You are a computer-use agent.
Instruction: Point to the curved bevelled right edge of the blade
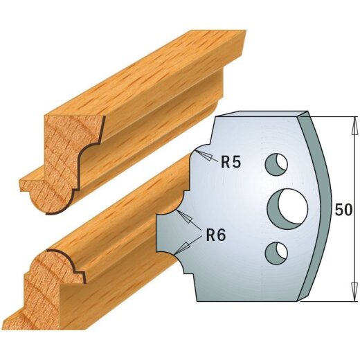pyautogui.click(x=320, y=208)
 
